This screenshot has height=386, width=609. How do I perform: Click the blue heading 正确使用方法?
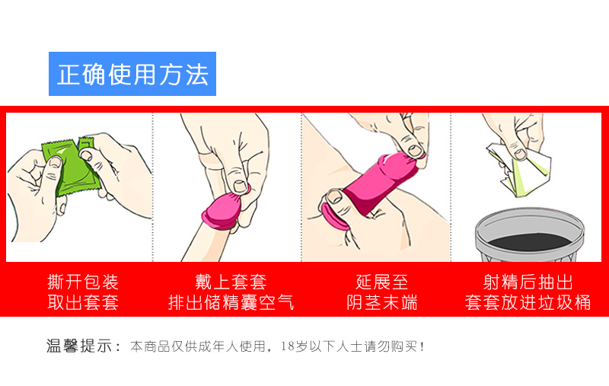pos(132,75)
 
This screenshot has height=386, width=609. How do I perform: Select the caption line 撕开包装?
pos(83,282)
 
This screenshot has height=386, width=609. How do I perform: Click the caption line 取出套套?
pos(83,302)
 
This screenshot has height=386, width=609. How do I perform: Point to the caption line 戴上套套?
pos(231,282)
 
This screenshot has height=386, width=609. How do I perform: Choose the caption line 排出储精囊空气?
pos(231,302)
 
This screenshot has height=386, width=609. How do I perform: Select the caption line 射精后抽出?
pos(528,282)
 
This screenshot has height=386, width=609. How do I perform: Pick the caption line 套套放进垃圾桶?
pos(528,302)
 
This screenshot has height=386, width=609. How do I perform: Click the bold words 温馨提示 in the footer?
pos(84,346)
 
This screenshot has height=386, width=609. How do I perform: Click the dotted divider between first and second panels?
pos(153,187)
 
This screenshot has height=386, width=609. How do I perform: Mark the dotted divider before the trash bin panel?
pos(451,187)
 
